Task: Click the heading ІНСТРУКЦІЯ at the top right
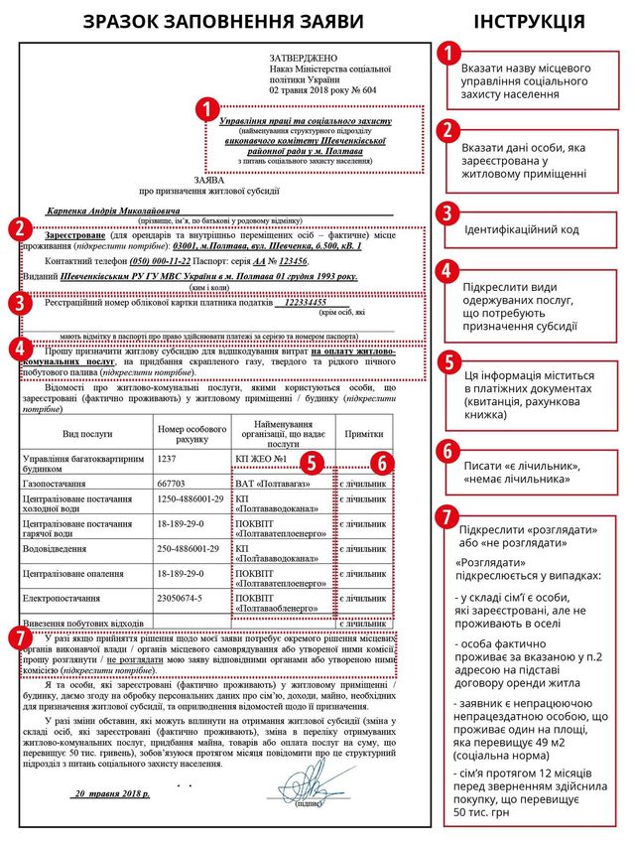click(x=528, y=22)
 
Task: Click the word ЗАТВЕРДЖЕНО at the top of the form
click(x=307, y=59)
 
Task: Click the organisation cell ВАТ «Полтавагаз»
click(x=271, y=483)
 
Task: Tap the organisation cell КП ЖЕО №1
click(x=260, y=460)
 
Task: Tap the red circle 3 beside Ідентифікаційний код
click(x=448, y=213)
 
